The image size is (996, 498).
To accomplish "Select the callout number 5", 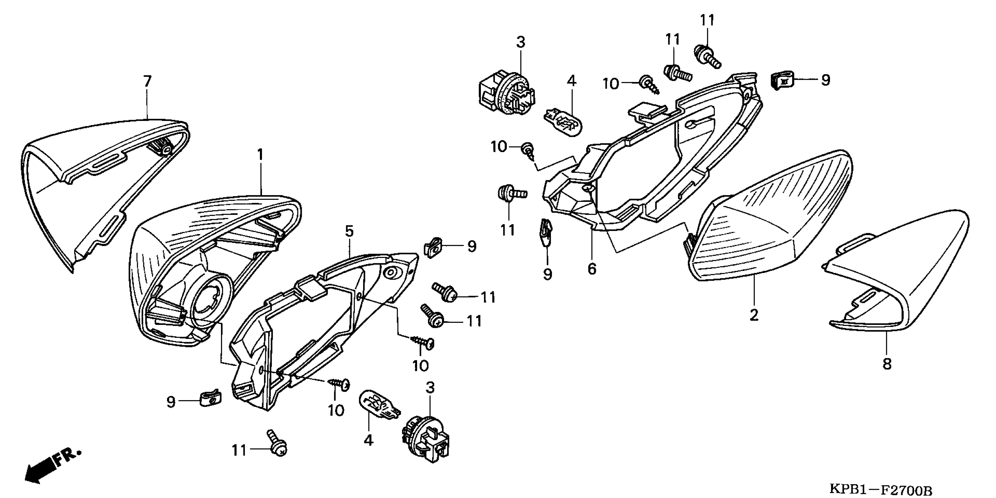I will pyautogui.click(x=349, y=231).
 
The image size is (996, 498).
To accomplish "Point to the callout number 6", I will pyautogui.click(x=592, y=269).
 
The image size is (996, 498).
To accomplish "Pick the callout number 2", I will pyautogui.click(x=754, y=315).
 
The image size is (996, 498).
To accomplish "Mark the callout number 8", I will pyautogui.click(x=887, y=364).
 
